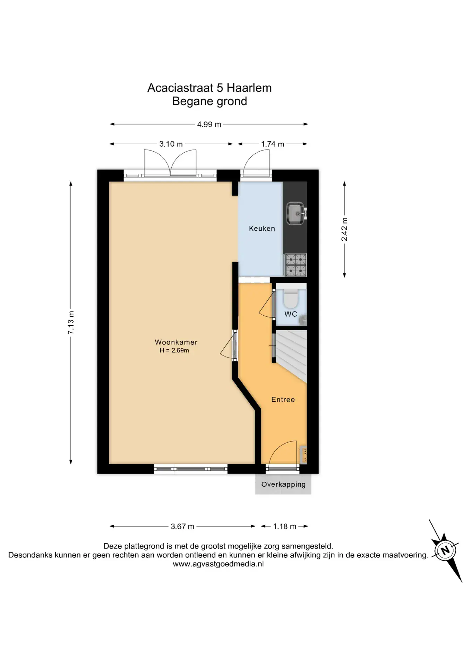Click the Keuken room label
click(x=262, y=228)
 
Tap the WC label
click(x=291, y=314)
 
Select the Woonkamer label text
click(x=176, y=342)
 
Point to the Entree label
click(x=283, y=400)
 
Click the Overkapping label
click(x=283, y=485)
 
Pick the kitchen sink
click(x=296, y=214)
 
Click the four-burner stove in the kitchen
click(x=296, y=265)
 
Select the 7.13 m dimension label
click(x=71, y=323)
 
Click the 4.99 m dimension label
click(x=209, y=124)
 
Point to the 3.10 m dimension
click(x=171, y=144)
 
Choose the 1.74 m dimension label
click(x=273, y=144)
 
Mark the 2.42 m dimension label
click(x=344, y=229)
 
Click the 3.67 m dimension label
click(x=182, y=527)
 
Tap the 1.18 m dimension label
click(x=285, y=527)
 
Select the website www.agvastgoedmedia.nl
click(x=218, y=564)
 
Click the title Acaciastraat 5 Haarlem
click(x=209, y=88)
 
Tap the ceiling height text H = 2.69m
click(x=174, y=350)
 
